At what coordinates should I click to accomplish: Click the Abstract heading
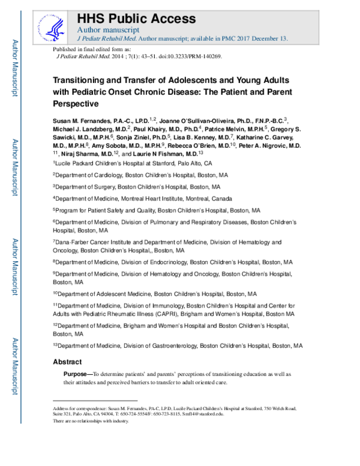pyautogui.click(x=67, y=362)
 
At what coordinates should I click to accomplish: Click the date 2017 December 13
pyautogui.click(x=260, y=39)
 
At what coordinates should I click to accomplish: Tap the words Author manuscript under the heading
pyautogui.click(x=109, y=29)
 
